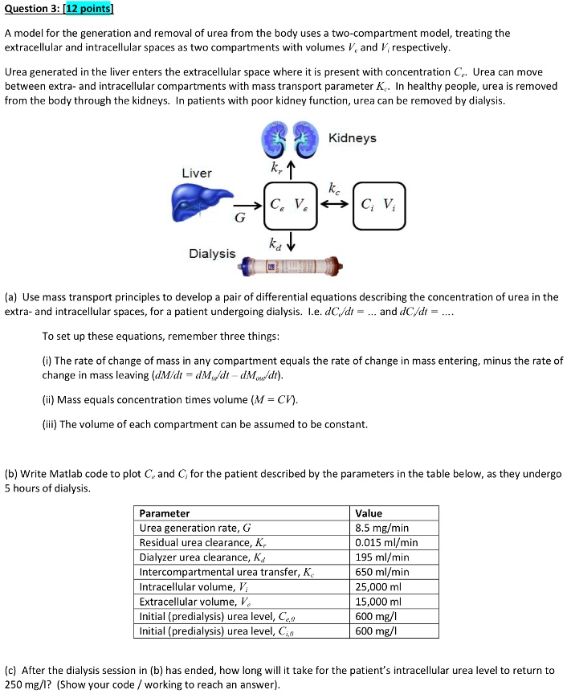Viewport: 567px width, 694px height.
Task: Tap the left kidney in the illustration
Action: pos(273,137)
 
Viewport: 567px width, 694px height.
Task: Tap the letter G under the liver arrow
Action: pos(239,218)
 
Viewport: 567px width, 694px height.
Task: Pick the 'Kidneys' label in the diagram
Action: pos(352,138)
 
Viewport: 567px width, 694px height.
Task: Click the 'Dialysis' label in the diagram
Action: pos(212,254)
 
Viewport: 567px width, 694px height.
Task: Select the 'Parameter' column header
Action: pos(165,513)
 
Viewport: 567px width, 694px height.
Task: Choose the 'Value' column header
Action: pos(369,513)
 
